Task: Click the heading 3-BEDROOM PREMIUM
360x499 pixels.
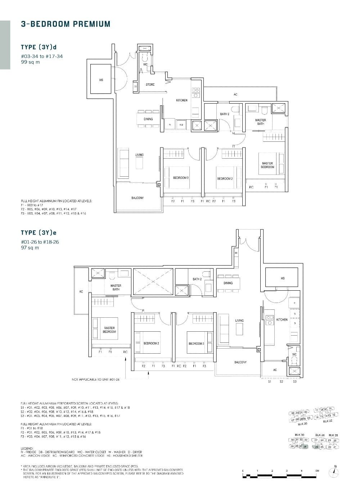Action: pos(66,24)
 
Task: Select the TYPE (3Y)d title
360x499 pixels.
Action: pos(39,47)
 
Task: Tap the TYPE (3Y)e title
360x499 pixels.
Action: pos(39,233)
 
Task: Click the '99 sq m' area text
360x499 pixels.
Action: pos(30,62)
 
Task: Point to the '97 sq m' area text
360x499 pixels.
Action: pos(30,248)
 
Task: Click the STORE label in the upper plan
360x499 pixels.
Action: pos(150,85)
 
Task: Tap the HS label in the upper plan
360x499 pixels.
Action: pos(101,80)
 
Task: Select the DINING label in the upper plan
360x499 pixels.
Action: pos(148,119)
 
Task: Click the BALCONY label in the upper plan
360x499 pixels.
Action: pos(138,198)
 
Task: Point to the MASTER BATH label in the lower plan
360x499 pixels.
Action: pos(116,287)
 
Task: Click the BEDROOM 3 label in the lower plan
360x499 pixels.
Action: pos(196,344)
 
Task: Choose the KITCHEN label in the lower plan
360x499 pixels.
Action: pos(282,319)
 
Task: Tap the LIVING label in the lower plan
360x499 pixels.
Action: pos(239,320)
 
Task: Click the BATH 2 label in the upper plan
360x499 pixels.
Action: pos(225,114)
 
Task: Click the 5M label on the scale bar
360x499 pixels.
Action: pos(317,471)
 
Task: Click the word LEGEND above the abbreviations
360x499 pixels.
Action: pos(28,448)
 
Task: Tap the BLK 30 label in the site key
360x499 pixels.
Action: pos(299,435)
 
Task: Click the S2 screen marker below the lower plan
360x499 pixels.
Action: pos(282,381)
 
